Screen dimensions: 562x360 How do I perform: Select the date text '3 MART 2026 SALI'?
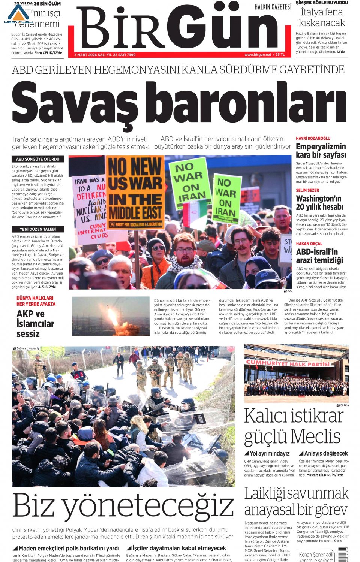point(92,55)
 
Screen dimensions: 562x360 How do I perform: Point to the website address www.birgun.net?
point(258,55)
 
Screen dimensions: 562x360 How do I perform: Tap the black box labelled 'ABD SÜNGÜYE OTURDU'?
point(37,159)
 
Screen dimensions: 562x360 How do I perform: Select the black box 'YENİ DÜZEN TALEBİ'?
point(37,229)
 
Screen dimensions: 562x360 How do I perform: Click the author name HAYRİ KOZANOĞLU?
point(313,138)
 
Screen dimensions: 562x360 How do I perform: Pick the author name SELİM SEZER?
point(307,190)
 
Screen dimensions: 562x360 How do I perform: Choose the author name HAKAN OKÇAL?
point(309,244)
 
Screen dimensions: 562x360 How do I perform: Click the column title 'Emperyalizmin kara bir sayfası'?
point(321,151)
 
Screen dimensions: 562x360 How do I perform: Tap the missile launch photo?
point(111,316)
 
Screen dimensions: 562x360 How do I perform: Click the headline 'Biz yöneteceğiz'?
point(123,506)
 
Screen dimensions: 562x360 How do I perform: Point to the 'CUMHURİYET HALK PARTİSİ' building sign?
point(288,363)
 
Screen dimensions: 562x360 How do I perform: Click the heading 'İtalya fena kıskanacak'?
point(322,18)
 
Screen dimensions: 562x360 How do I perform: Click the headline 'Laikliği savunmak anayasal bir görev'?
point(296,501)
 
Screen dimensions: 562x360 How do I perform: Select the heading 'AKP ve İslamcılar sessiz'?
point(35,324)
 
